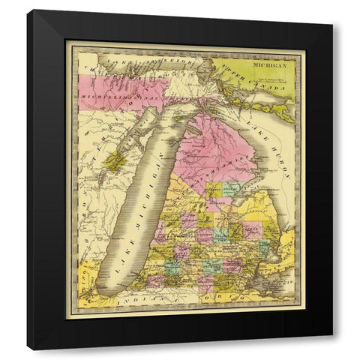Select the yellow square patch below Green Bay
pyautogui.click(x=115, y=160)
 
